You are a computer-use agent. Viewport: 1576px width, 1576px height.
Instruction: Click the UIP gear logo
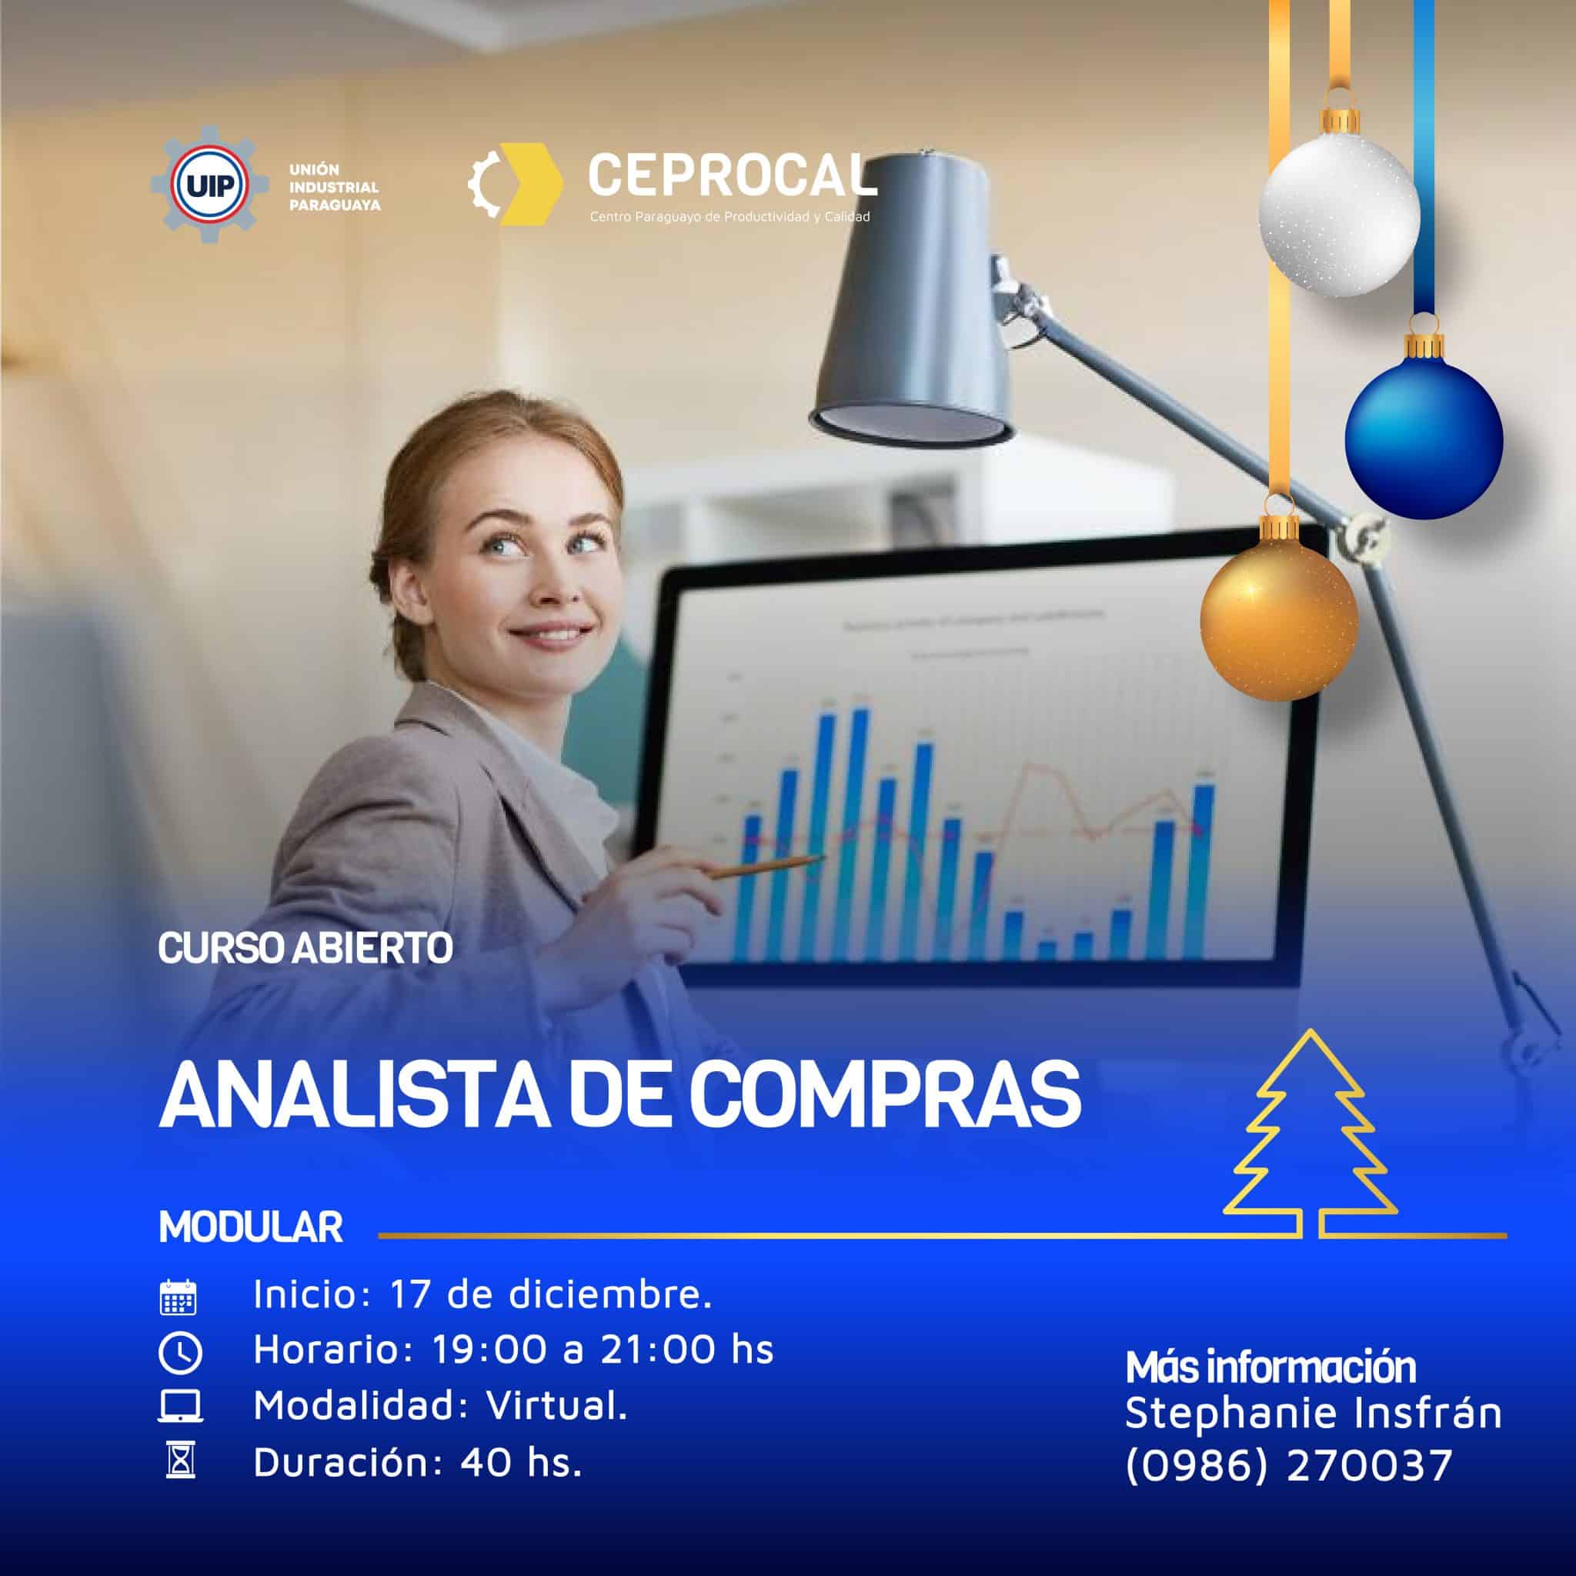(x=209, y=186)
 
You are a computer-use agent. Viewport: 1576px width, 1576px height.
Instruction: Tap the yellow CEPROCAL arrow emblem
(x=522, y=184)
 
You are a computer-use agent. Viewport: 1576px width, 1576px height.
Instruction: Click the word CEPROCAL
(x=731, y=175)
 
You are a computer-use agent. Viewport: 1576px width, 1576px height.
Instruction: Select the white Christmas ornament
(x=1339, y=214)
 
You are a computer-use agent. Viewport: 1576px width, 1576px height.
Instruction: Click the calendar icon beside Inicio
(x=178, y=1296)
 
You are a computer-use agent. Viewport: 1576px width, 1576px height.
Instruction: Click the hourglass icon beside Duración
(x=179, y=1463)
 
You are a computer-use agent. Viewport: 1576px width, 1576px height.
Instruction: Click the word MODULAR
(x=251, y=1227)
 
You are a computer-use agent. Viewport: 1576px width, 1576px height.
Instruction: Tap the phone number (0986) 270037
(x=1288, y=1464)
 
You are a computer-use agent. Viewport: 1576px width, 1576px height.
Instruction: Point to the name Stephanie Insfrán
(x=1313, y=1413)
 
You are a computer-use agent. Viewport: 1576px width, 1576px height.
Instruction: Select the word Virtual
(x=557, y=1405)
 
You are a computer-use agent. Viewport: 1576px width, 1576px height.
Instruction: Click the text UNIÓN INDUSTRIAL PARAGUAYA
(x=335, y=188)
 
